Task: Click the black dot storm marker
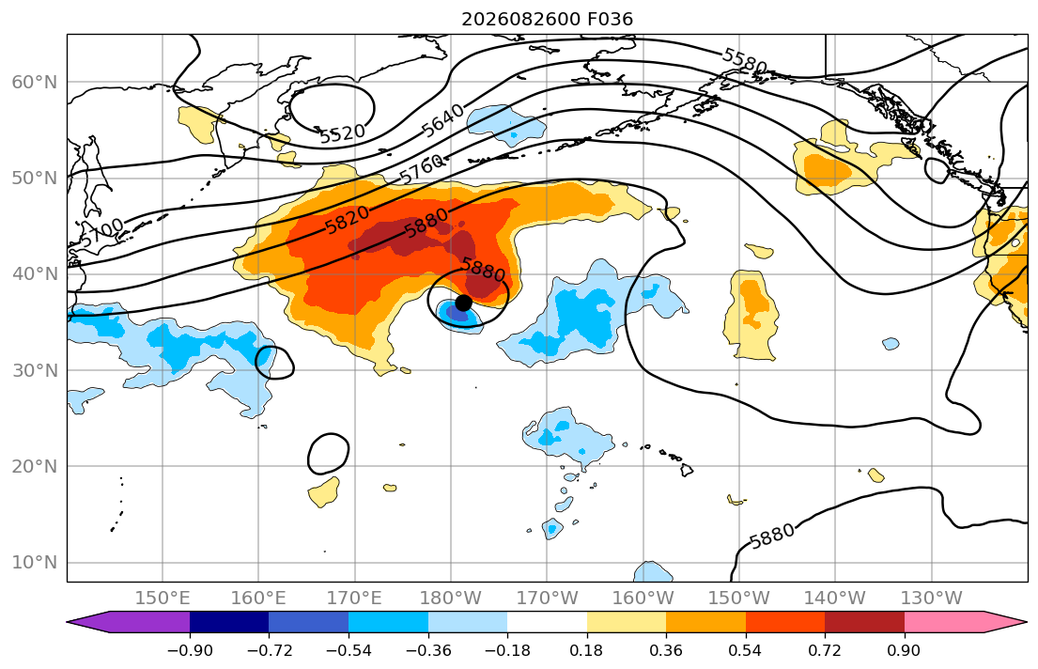(463, 303)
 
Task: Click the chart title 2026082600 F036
(547, 19)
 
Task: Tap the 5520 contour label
(342, 133)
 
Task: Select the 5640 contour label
(442, 121)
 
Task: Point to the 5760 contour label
(422, 170)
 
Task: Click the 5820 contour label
(347, 220)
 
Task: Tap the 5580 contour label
(744, 61)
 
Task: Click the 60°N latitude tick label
(35, 83)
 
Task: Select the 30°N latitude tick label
(35, 370)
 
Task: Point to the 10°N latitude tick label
(35, 563)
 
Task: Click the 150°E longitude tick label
(163, 599)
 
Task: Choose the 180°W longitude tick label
(451, 599)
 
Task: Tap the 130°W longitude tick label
(932, 599)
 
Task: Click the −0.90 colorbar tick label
(190, 650)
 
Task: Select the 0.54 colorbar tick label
(746, 650)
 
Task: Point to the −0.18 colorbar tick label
(507, 650)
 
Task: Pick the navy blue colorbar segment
(229, 622)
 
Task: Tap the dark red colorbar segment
(864, 622)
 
